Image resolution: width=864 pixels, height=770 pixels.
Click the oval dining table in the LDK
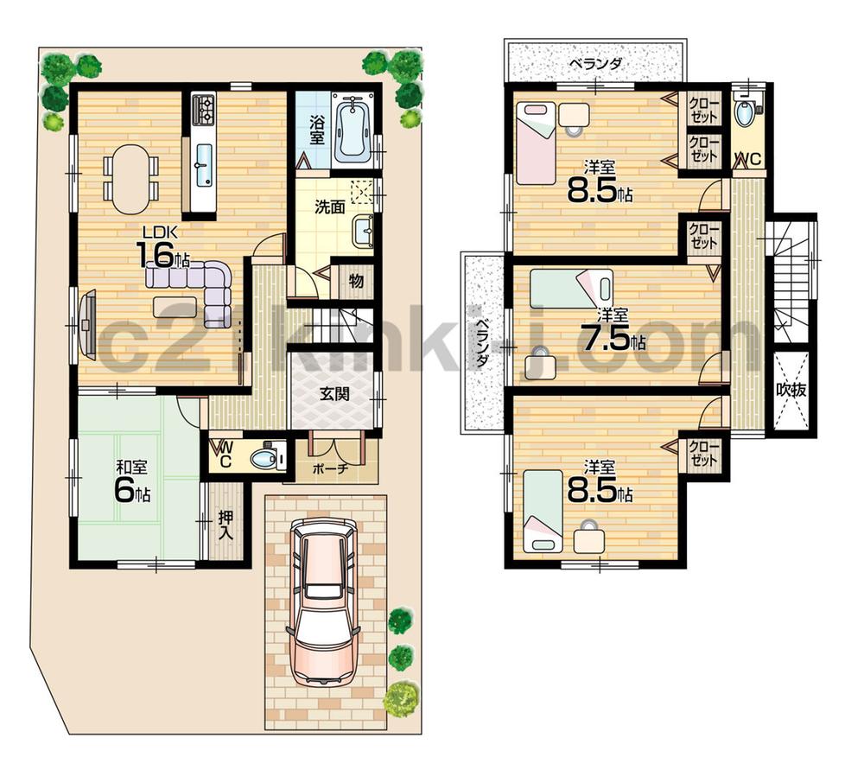click(x=130, y=178)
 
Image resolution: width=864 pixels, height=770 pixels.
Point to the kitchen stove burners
click(x=204, y=109)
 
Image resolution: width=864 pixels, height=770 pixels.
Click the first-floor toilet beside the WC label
click(x=264, y=456)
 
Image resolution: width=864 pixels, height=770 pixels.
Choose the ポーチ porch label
click(x=330, y=469)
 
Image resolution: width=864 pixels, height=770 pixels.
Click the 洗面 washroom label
click(x=329, y=207)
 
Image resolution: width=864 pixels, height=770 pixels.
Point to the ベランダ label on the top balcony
click(x=596, y=64)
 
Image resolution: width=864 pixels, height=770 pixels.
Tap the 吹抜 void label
click(x=791, y=390)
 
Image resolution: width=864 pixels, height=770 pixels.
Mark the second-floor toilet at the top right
click(x=746, y=113)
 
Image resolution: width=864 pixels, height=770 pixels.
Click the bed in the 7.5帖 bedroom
click(x=570, y=289)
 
